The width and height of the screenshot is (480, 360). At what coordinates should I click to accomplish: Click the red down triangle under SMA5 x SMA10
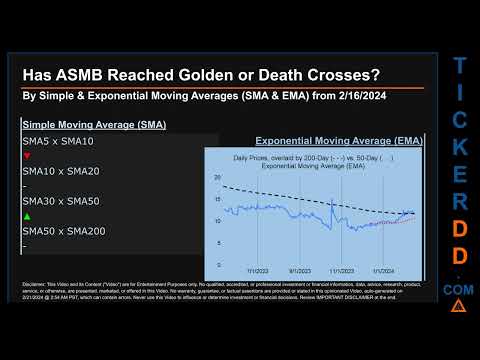pos(26,156)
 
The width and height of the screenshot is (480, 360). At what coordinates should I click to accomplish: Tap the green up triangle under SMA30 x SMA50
pos(26,216)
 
